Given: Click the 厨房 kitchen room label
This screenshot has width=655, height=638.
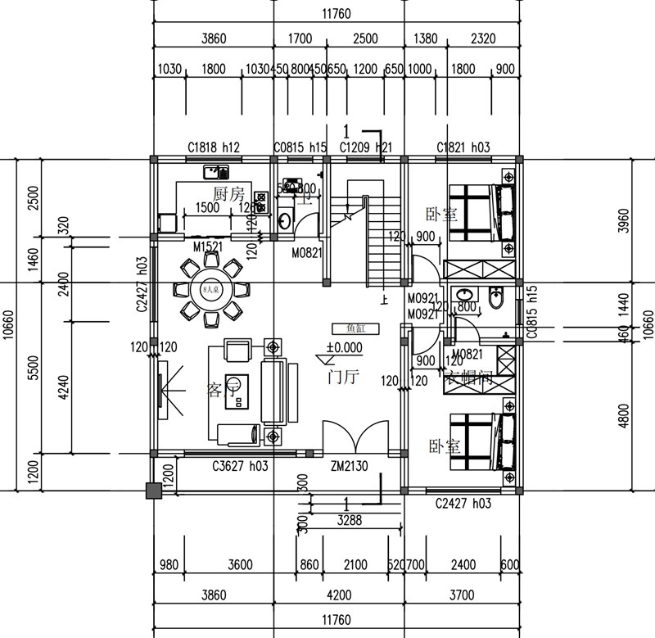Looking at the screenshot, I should click(x=228, y=194).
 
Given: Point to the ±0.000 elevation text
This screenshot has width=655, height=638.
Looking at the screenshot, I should click(x=344, y=346).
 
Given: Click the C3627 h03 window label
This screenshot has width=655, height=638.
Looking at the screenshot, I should click(x=242, y=468).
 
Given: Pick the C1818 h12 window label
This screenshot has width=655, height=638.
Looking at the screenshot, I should click(x=213, y=147).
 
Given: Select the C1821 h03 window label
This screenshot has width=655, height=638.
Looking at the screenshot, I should click(x=463, y=147).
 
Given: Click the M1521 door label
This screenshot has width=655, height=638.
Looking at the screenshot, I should click(x=210, y=247).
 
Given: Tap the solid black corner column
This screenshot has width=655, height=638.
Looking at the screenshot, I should click(x=152, y=491).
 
